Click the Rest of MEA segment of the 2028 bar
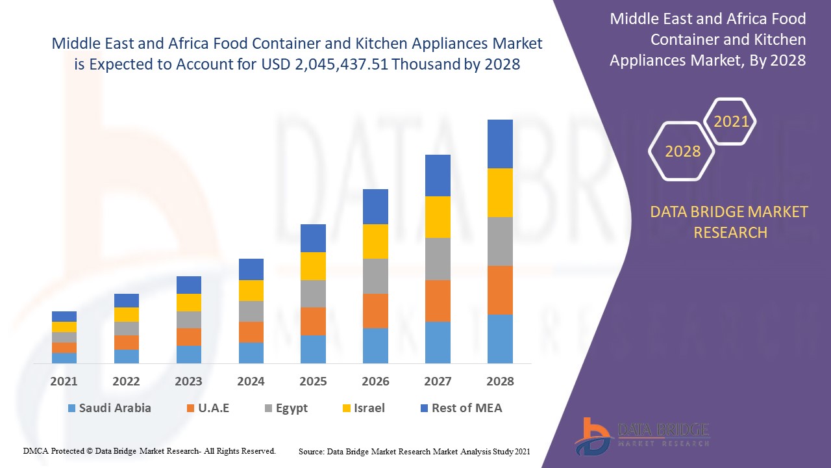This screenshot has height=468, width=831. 500,144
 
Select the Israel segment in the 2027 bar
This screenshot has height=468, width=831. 438,217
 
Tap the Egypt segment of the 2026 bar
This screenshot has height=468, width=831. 375,276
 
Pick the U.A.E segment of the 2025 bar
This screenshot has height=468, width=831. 313,321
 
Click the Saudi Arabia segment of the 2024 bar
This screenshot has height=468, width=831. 251,352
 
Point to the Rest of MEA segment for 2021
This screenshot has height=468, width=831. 64,317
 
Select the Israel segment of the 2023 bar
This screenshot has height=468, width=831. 189,302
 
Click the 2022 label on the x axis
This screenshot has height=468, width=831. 127,382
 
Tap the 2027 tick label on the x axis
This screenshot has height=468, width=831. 438,382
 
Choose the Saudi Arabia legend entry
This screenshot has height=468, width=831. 109,408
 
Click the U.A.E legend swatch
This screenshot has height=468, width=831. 190,408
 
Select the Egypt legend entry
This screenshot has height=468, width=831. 286,408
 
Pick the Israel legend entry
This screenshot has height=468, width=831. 364,408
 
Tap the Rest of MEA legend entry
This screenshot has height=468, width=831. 461,408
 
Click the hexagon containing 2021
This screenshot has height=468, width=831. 730,122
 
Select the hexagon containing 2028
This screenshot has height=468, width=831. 682,151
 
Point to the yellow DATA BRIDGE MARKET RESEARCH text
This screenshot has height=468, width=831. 730,222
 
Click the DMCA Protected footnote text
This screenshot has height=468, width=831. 149,450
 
